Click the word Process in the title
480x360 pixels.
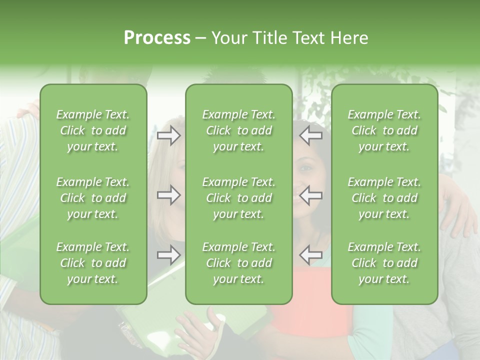pos(157,38)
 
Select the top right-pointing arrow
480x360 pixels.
pos(169,135)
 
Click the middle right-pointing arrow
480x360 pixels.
pos(169,195)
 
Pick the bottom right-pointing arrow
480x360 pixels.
pos(169,255)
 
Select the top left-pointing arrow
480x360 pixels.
pos(311,135)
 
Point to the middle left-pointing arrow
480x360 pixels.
pos(311,195)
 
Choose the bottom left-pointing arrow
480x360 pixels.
pos(311,255)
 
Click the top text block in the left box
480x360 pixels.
pos(93,130)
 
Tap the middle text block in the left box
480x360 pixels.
pos(93,198)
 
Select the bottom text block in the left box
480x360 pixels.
pos(93,263)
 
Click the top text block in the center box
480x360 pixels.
pos(239,130)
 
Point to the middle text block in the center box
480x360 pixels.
pos(239,198)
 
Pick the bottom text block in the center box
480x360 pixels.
pos(239,263)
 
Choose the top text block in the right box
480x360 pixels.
pos(384,130)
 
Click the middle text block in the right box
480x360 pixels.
pos(384,198)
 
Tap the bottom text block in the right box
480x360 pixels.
pos(384,263)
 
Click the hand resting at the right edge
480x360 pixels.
pos(459,212)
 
